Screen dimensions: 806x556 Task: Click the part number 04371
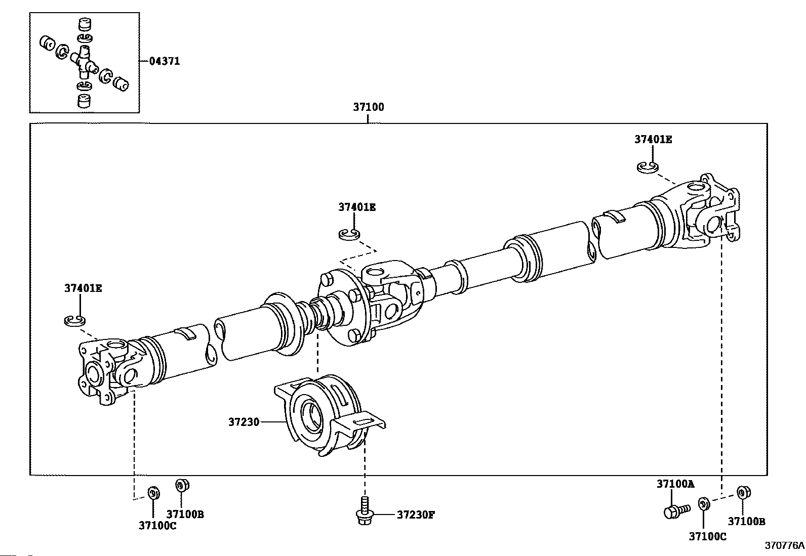165,61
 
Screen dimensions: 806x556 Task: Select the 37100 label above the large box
368,107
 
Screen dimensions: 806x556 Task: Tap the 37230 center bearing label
244,422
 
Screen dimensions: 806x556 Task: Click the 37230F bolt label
416,515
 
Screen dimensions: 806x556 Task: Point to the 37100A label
675,484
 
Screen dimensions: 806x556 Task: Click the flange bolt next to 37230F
365,510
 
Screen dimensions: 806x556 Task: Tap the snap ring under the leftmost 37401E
74,320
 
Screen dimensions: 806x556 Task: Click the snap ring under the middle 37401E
349,235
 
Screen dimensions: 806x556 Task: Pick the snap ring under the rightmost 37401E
648,167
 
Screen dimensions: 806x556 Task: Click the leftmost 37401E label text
83,288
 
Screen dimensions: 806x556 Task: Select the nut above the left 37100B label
182,486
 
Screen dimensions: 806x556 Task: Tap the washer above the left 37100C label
154,493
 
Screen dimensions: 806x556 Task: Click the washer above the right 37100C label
704,504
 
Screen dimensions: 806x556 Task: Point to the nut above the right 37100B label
743,493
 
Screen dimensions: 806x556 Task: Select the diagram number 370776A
784,545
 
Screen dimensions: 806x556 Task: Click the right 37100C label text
707,537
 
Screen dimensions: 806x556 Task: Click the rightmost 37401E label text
653,140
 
